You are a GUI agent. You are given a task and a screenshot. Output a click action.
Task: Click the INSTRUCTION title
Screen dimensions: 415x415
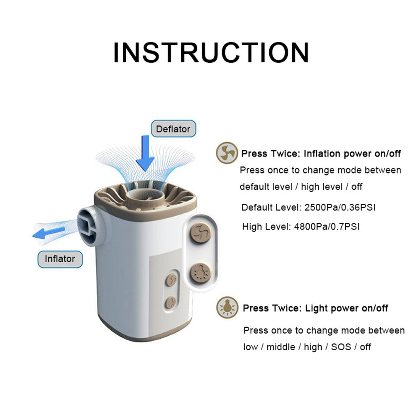click(211, 52)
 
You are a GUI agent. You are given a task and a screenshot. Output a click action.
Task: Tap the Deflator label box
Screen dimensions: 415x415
click(173, 129)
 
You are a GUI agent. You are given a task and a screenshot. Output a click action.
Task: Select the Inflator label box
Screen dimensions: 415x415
click(60, 259)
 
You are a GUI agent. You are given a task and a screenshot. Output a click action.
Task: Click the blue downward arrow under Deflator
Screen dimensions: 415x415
click(145, 153)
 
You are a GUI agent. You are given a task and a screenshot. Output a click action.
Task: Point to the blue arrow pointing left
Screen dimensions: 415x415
click(49, 232)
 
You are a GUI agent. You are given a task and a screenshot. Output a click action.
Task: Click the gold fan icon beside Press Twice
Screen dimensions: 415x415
click(227, 153)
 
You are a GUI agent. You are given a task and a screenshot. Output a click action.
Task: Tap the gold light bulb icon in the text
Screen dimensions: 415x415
click(227, 308)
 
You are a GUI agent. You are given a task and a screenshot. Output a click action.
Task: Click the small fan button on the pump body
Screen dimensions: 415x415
click(171, 280)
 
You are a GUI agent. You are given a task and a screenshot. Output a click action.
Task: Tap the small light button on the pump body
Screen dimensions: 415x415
click(171, 303)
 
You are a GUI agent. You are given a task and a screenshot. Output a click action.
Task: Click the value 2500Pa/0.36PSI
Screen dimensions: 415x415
click(340, 207)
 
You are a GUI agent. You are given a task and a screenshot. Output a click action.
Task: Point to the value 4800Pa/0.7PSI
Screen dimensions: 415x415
click(327, 227)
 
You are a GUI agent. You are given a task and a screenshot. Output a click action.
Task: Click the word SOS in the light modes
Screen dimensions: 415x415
click(341, 347)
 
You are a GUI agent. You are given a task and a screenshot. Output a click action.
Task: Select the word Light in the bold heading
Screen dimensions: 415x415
click(317, 308)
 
